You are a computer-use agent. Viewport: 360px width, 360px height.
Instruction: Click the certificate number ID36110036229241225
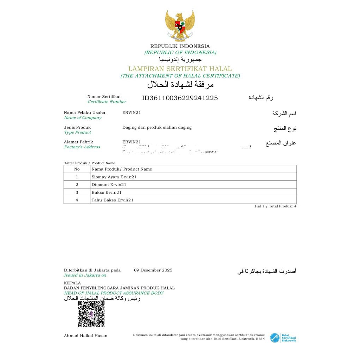(x=180, y=98)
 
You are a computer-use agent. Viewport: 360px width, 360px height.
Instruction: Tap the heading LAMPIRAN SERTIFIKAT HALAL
(x=180, y=69)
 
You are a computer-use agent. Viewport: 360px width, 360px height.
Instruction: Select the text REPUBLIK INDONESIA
(x=180, y=46)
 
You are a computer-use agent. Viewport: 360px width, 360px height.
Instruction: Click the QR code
(x=91, y=314)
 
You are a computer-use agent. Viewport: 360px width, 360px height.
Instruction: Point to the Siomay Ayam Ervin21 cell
(x=114, y=177)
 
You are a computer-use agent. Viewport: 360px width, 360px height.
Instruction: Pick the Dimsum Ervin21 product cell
(x=109, y=185)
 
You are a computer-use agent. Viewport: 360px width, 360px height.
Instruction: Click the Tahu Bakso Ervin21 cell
(x=112, y=200)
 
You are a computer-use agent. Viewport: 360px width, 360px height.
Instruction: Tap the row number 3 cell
(x=77, y=192)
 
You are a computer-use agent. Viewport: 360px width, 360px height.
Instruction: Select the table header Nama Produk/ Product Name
(x=122, y=169)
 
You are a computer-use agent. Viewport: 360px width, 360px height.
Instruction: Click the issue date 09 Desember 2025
(x=153, y=270)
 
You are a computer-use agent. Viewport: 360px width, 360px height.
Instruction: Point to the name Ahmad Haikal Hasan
(x=85, y=336)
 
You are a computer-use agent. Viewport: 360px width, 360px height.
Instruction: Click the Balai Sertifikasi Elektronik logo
(x=283, y=338)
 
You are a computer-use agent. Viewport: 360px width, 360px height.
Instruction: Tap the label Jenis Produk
(x=77, y=127)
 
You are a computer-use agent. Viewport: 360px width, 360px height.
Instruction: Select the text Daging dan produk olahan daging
(x=157, y=127)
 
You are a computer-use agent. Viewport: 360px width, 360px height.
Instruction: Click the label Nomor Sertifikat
(x=104, y=97)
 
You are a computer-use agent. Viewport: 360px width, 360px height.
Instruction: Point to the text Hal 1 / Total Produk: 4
(x=276, y=206)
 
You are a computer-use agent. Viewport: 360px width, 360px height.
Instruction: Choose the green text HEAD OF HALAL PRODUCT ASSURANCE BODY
(x=114, y=293)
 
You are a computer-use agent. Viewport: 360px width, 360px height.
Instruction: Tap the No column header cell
(x=77, y=169)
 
